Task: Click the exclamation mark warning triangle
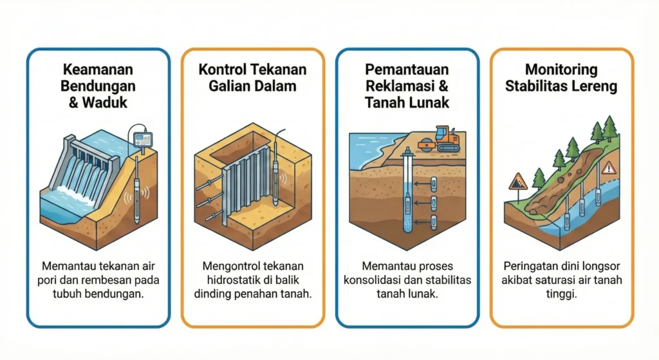(608, 168)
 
